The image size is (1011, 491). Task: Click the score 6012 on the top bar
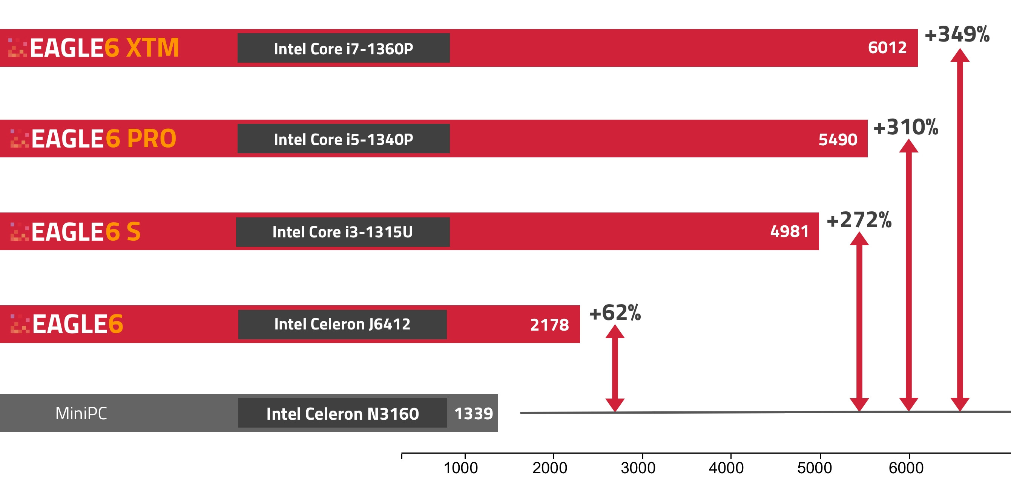tap(887, 48)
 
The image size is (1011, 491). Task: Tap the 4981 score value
tap(789, 232)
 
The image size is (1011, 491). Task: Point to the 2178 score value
tap(549, 325)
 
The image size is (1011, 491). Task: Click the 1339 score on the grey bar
tap(473, 414)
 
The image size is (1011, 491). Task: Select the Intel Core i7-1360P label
tap(344, 49)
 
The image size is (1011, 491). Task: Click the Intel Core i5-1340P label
tap(344, 139)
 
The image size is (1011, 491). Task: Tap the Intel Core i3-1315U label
tap(343, 232)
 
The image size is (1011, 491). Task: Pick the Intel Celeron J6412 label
tap(342, 325)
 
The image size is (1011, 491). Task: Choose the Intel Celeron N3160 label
tap(342, 414)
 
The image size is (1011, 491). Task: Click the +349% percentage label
tap(957, 34)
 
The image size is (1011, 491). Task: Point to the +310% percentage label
tap(905, 127)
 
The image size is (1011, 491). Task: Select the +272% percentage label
tap(859, 220)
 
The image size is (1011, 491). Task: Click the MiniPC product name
tap(81, 413)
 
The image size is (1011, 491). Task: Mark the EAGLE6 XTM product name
tap(104, 48)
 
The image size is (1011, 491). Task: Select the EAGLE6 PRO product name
tap(103, 139)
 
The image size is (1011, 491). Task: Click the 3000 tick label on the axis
tap(638, 468)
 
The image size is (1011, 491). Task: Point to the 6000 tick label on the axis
tap(906, 468)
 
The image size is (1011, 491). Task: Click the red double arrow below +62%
tap(615, 368)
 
